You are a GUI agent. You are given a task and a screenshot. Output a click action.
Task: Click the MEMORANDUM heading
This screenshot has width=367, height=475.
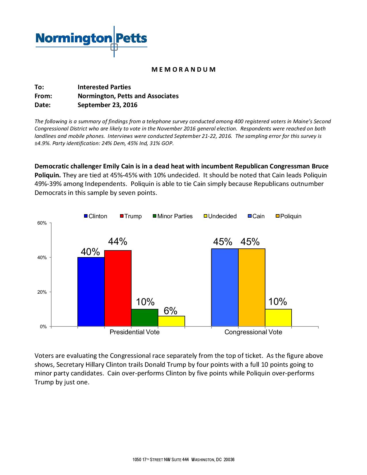183,69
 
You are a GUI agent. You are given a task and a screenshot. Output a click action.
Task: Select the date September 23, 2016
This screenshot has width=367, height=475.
107,105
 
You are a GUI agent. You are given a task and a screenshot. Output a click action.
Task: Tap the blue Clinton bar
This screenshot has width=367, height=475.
91,292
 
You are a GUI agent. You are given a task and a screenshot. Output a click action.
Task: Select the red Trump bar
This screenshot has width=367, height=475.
118,288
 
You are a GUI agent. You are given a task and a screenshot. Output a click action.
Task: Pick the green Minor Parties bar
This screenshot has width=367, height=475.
144,318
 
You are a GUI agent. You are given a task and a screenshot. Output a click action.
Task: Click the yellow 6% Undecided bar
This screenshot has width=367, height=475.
171,321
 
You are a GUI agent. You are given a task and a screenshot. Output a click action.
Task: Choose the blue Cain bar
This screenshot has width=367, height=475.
225,287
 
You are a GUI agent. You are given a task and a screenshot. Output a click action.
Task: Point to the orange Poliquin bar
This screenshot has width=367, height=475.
252,287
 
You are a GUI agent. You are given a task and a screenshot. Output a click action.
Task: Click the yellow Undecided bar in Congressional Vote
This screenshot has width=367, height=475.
278,318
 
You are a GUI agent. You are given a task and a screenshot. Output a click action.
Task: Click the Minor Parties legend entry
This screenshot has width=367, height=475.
173,216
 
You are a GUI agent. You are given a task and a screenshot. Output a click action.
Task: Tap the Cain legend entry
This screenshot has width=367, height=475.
256,216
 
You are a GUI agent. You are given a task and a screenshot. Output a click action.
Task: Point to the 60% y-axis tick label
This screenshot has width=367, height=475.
42,223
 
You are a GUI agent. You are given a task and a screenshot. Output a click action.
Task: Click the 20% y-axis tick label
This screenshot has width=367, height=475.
42,292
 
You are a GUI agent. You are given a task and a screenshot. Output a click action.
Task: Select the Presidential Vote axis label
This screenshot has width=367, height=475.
134,332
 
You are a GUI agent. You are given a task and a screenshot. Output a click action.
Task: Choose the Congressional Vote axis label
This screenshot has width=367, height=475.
253,332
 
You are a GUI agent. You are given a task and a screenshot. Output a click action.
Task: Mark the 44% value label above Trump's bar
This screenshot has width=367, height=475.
117,242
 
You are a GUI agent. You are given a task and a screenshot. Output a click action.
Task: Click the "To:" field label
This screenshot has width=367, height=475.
39,87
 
